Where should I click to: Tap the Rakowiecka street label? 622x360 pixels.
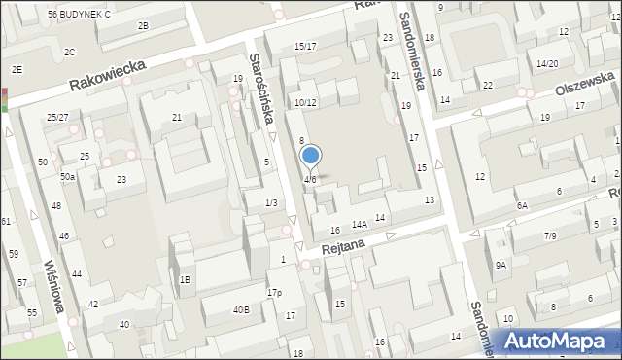(x=106, y=74)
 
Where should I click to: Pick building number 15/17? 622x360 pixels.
(x=305, y=46)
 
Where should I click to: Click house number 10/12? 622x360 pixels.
(x=305, y=102)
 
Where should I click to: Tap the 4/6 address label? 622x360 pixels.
(x=309, y=180)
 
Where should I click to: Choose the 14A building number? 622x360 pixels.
(x=359, y=225)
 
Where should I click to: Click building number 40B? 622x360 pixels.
(x=240, y=310)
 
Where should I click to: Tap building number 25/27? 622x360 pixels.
(x=57, y=117)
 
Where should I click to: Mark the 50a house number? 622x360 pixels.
(x=67, y=176)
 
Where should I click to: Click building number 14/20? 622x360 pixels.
(x=547, y=63)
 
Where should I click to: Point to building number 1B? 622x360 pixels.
(x=185, y=280)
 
